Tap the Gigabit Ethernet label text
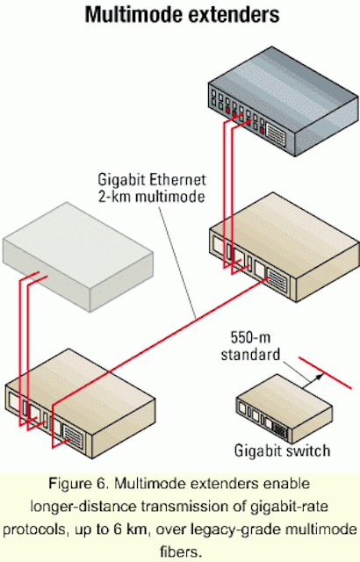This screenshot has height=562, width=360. click(x=152, y=179)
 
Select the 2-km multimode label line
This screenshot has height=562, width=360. click(x=151, y=197)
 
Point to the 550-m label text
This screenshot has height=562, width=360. click(x=250, y=337)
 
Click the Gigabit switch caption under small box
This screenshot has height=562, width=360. click(x=282, y=450)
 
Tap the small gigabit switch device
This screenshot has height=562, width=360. click(x=284, y=409)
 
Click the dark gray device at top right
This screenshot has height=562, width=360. click(x=284, y=101)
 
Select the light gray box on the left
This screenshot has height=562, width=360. click(x=78, y=256)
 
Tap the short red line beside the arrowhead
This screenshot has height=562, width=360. click(x=325, y=372)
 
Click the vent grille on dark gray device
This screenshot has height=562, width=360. click(x=276, y=135)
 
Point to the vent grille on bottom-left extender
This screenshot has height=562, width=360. click(x=72, y=437)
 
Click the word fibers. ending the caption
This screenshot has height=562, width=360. click(x=181, y=551)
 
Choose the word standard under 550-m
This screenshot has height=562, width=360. click(x=250, y=354)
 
